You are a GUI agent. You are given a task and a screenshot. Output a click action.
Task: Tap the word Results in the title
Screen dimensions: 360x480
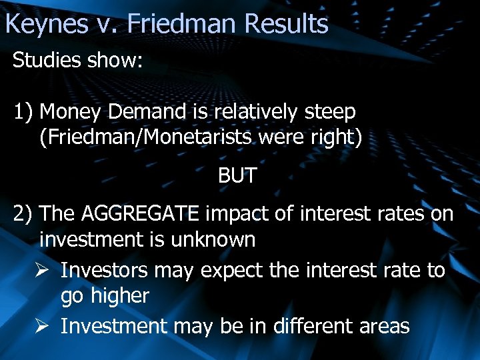(x=287, y=24)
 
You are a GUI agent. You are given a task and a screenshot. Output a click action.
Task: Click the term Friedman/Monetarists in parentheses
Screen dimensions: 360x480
(x=152, y=137)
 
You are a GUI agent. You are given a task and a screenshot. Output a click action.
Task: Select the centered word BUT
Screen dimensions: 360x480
(x=237, y=176)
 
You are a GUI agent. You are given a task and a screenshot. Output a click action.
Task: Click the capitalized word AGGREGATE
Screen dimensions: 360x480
(x=140, y=214)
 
